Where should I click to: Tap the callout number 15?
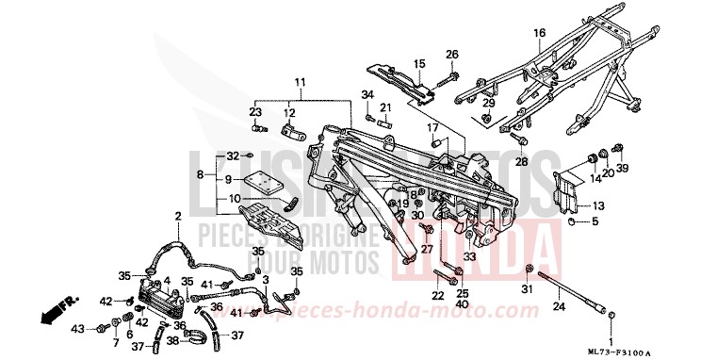point(419,63)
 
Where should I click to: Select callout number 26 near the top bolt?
point(451,54)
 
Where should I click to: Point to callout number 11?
point(299,83)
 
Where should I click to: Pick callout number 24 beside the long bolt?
point(558,306)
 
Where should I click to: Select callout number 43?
point(78,328)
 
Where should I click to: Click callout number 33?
point(468,256)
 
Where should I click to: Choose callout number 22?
point(438,296)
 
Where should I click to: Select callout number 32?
point(234,155)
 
